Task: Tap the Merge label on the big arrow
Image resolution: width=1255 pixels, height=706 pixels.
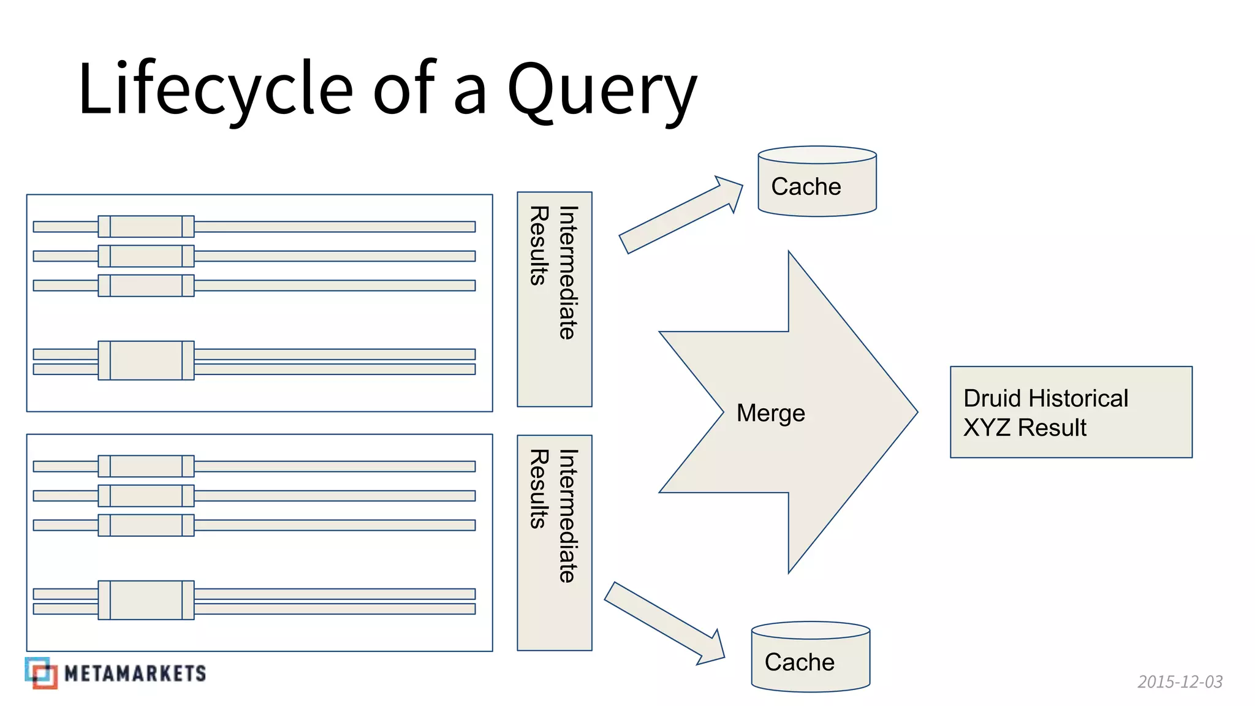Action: (x=770, y=413)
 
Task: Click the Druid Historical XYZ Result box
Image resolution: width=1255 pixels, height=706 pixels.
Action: (x=1071, y=412)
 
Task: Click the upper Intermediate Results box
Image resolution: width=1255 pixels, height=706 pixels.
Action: (x=554, y=299)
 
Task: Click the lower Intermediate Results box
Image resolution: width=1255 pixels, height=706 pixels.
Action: (x=554, y=542)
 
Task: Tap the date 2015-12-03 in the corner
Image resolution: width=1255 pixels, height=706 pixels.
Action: (x=1180, y=681)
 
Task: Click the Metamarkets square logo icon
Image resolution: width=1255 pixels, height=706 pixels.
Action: (x=41, y=673)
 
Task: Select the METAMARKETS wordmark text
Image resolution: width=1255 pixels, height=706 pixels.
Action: (x=135, y=674)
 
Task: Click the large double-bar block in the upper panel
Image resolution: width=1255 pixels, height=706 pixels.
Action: (x=146, y=360)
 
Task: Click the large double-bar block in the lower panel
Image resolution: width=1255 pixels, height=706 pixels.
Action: (x=146, y=600)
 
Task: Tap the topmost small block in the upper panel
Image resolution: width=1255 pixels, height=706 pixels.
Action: (x=146, y=226)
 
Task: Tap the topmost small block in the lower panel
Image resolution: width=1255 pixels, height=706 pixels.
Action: (x=146, y=466)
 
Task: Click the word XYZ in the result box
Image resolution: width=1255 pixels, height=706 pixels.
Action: (x=986, y=428)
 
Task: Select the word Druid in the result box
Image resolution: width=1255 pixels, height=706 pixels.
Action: (x=992, y=398)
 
